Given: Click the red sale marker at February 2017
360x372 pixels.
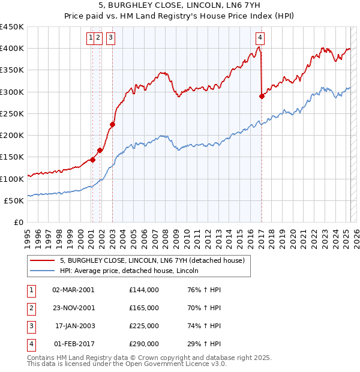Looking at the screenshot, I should (262, 96).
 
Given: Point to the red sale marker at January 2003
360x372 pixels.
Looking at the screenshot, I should (112, 125).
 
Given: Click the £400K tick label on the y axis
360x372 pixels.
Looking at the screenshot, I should (12, 49).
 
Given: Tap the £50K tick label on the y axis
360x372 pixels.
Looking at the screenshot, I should (14, 200).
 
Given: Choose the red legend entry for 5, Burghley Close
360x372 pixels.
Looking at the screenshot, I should (152, 261).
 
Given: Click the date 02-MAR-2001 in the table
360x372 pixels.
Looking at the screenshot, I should (74, 289).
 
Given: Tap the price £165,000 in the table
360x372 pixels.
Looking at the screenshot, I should (144, 308).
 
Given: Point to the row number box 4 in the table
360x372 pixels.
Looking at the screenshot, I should (30, 344).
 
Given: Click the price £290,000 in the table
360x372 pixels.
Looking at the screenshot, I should (144, 344).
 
